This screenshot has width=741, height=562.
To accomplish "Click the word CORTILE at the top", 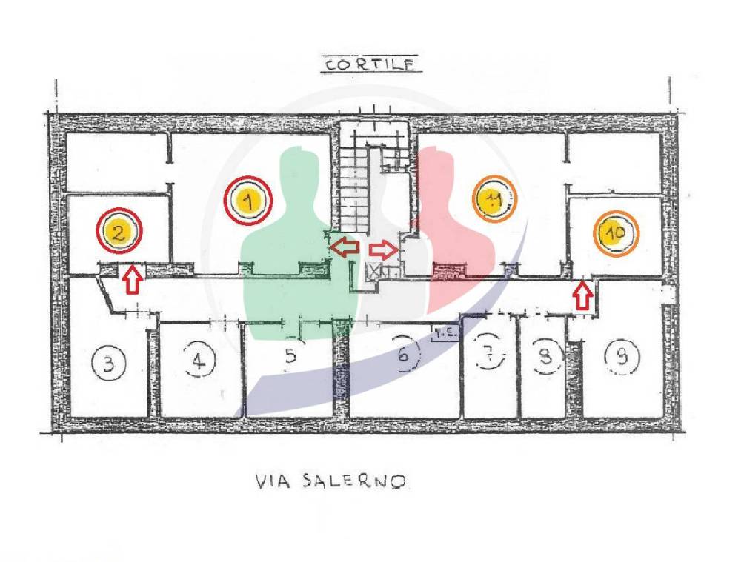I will point(370,64).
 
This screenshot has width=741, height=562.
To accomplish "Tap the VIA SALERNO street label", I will point(330,481).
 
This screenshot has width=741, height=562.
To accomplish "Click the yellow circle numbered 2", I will point(119,231).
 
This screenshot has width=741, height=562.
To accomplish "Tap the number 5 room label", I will point(290,356).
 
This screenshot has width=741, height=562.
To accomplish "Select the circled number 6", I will point(403,355).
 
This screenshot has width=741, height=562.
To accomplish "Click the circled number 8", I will point(546,358).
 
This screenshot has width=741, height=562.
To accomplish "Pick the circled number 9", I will point(622,358).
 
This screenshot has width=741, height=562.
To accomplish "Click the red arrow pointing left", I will point(345,247).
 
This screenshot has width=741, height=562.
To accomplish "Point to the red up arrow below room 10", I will point(583,296).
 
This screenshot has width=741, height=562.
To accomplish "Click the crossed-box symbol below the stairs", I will point(375,272).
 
